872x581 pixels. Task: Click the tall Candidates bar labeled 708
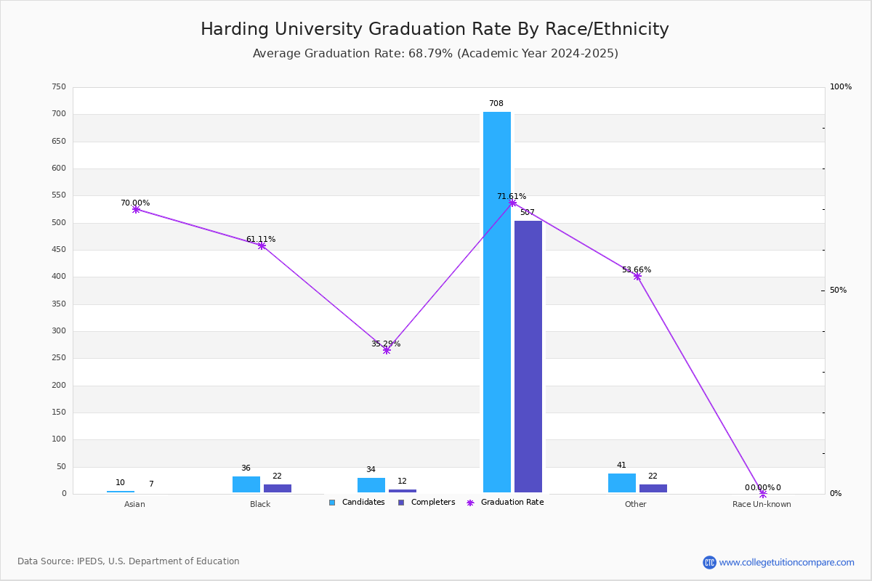497,302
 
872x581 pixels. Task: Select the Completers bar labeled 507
528,357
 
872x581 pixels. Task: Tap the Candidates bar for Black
246,484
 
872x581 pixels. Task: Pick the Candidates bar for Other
621,483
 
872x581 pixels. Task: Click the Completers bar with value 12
402,491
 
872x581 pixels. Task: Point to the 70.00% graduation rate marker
136,209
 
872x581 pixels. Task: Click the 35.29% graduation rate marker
387,350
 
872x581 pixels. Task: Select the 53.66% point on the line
637,276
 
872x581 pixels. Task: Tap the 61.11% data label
260,239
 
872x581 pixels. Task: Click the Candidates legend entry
357,503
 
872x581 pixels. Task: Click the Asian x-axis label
134,504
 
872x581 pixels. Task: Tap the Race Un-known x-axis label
762,504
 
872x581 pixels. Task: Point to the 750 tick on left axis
59,87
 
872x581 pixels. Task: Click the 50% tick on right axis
838,290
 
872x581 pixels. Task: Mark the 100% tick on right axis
840,87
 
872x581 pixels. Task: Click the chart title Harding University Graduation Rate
435,29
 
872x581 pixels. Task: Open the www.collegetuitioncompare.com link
786,562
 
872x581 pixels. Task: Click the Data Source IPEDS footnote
129,561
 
